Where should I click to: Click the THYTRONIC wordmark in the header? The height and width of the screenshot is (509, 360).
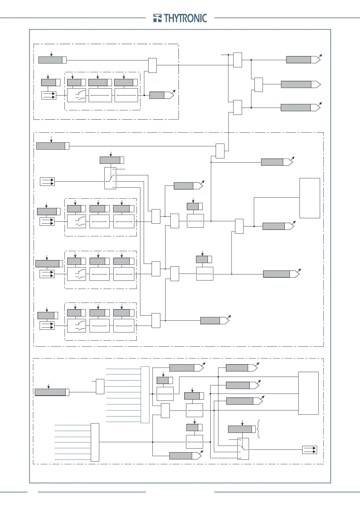click(185, 18)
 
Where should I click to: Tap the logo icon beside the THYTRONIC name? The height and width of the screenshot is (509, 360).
click(157, 18)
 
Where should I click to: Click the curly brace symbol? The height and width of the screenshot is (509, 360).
click(259, 429)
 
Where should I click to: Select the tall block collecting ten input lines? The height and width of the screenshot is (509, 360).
click(145, 394)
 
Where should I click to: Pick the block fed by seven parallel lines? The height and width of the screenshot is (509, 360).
click(95, 442)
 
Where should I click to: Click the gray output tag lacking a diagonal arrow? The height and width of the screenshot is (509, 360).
click(300, 84)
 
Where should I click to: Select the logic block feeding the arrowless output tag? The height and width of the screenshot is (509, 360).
click(258, 85)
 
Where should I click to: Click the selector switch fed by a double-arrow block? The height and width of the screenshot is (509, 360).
click(110, 178)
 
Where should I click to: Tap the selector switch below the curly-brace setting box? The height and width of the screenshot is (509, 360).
click(243, 449)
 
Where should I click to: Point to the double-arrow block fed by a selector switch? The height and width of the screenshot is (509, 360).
click(309, 450)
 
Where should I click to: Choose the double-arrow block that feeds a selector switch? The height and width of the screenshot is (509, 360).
click(47, 181)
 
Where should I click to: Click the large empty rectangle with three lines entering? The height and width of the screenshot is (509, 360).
click(308, 393)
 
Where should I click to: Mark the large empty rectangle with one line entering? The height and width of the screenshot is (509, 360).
click(309, 198)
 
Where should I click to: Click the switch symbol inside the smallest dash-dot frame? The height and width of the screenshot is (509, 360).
click(76, 95)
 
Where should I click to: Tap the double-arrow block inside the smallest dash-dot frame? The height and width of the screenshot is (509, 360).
click(49, 95)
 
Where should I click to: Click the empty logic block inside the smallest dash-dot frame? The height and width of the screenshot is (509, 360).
click(152, 65)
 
